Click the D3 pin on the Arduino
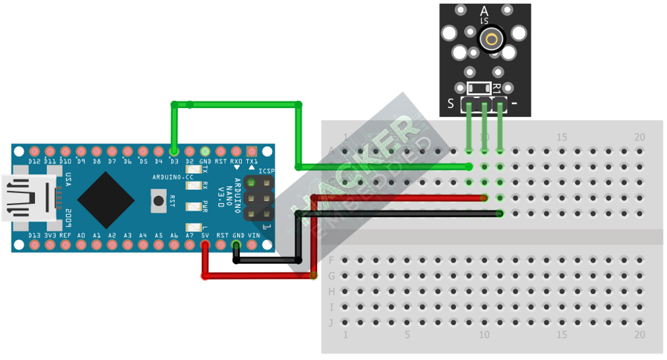pos(174,151)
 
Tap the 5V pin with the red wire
pos(205,245)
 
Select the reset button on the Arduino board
pos(158,200)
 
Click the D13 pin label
pos(34,235)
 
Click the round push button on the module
pos(490,41)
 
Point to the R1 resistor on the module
pos(478,88)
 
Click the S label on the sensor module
pos(450,104)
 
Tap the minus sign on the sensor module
pos(515,104)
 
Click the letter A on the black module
pos(484,11)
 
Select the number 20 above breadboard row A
pos(639,137)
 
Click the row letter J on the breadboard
pos(331,322)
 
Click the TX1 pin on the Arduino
pos(251,151)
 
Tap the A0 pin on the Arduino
pos(81,245)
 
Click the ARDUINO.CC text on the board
pos(173,177)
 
